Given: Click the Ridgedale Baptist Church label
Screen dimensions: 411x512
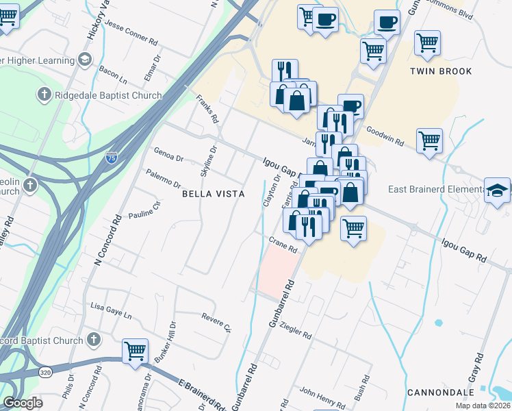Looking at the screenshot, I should coord(110,96).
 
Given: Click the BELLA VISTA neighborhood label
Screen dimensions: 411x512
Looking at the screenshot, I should coord(213,194).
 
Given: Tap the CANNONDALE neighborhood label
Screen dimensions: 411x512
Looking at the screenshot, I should coord(441,393).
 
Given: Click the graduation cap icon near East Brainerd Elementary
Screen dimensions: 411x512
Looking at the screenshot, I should coord(497,190).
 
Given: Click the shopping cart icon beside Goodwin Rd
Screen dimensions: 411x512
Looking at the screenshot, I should coord(429,140).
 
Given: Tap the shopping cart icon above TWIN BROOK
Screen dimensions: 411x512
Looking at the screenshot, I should coord(427,42).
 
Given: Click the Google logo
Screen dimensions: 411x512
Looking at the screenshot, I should coord(23,403).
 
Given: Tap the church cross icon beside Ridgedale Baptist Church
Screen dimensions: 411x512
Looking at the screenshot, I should coord(44,95).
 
